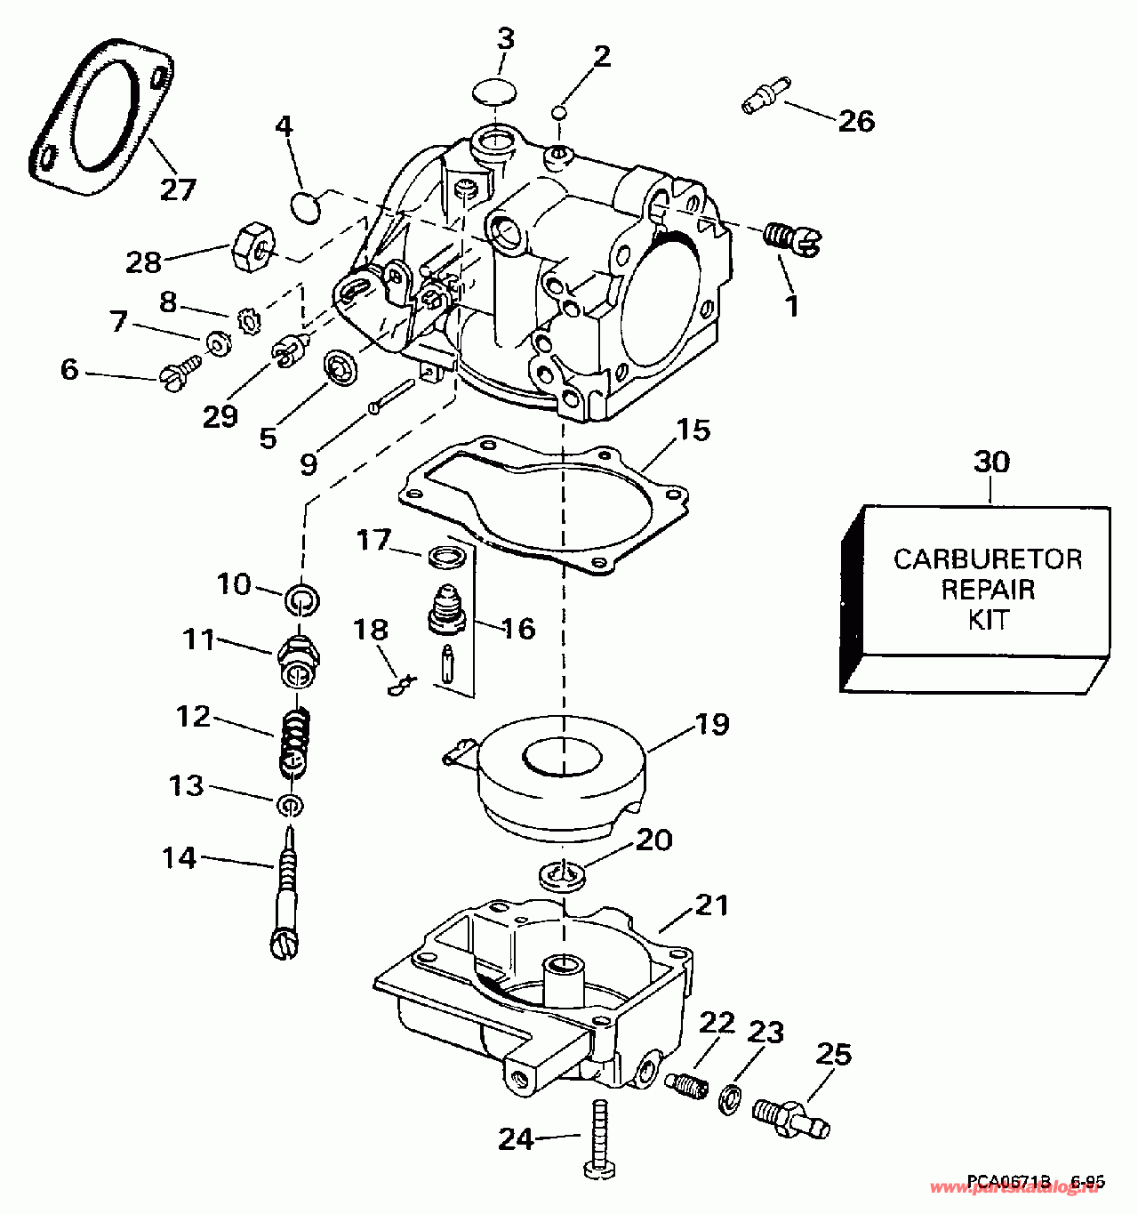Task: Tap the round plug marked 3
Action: (x=494, y=90)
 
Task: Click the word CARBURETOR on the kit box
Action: (x=987, y=559)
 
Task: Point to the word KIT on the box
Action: (x=988, y=619)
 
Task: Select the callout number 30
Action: (x=991, y=462)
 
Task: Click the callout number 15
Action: (x=693, y=430)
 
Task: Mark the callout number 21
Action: (x=711, y=905)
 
